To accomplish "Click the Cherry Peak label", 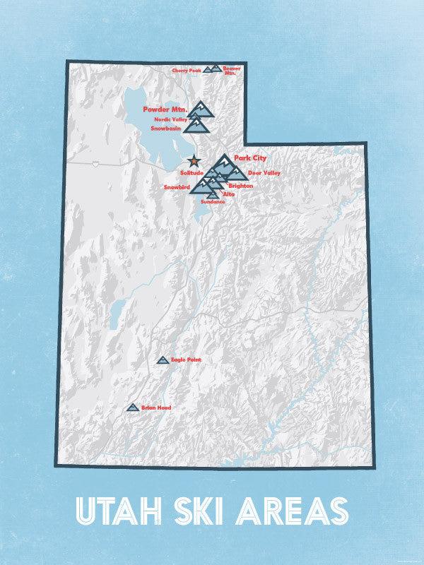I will click(186, 71).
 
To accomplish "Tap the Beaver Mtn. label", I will click(231, 70).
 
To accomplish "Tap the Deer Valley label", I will click(264, 172).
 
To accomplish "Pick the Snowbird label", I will click(176, 187).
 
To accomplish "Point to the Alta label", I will click(228, 194).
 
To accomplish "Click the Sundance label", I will click(213, 202).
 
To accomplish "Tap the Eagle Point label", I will click(186, 360).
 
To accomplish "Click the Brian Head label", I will click(155, 408).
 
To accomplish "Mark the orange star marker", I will click(194, 162).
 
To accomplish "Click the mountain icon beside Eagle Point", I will click(163, 360).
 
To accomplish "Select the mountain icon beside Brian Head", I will click(132, 408).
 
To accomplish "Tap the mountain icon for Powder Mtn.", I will click(201, 108).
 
